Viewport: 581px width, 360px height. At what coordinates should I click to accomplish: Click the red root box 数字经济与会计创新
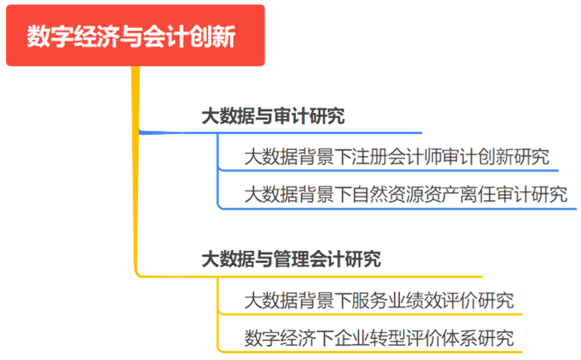tap(135, 36)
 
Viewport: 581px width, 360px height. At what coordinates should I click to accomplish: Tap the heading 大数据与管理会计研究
tap(290, 260)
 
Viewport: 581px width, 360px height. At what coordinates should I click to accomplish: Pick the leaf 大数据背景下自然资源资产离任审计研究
tap(406, 194)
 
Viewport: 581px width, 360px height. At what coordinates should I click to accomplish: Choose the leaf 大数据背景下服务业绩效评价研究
tap(378, 301)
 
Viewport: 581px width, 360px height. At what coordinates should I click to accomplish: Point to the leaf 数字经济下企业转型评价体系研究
tap(378, 338)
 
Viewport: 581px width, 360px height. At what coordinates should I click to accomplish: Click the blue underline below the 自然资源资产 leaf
tap(402, 207)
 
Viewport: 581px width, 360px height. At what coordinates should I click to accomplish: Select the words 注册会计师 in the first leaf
tap(402, 158)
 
